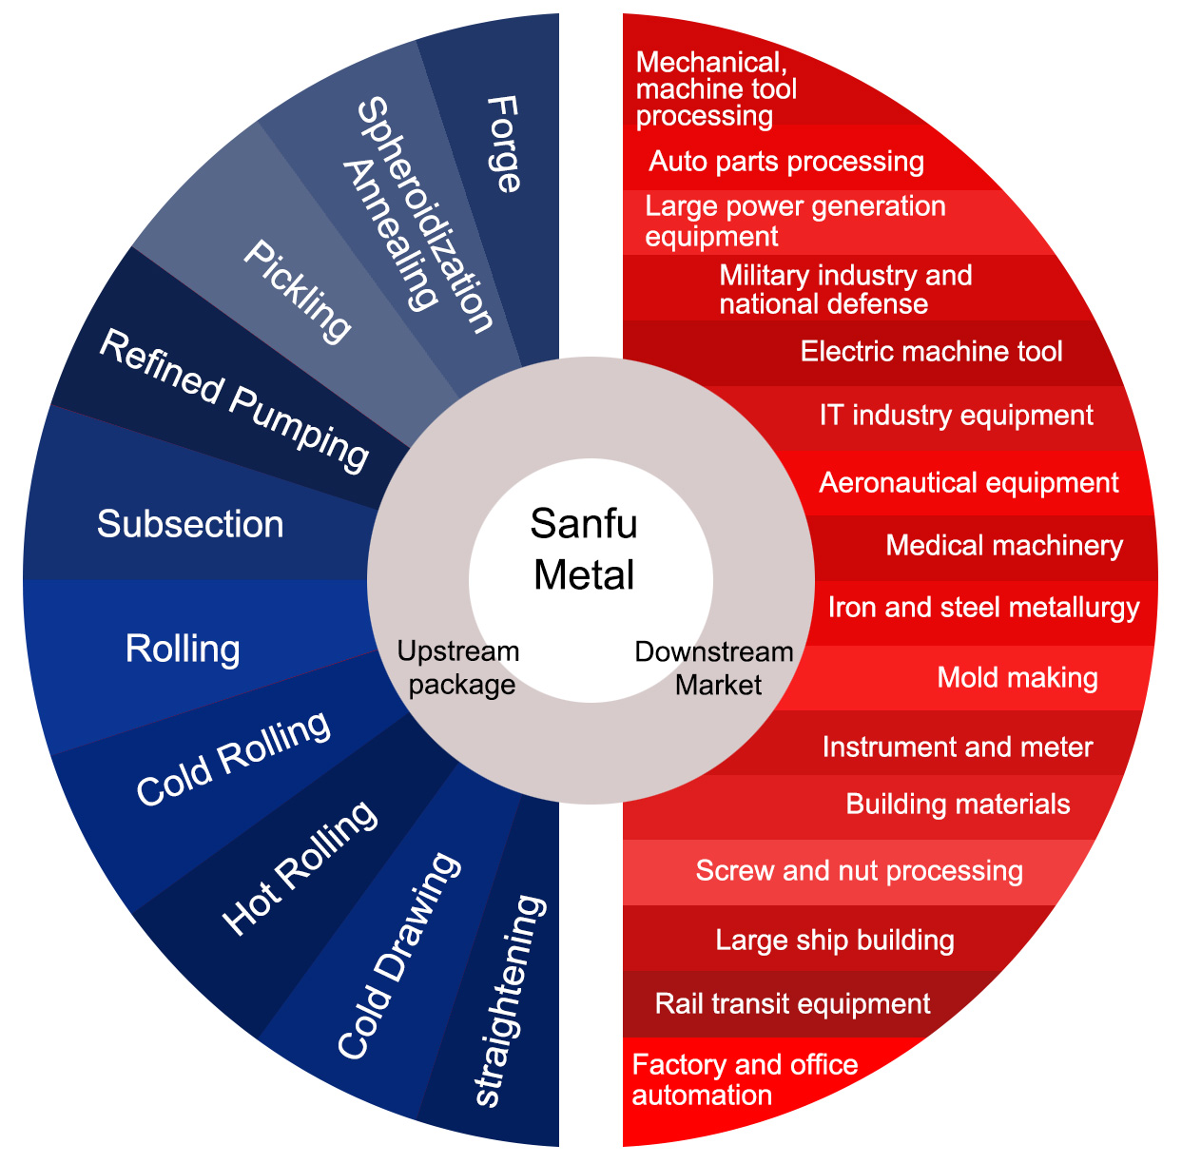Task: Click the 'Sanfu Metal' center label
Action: click(x=584, y=550)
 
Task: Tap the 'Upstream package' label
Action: click(x=459, y=668)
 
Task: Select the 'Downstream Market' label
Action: click(x=715, y=668)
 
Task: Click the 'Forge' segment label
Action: click(x=504, y=144)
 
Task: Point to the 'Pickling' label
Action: click(x=298, y=290)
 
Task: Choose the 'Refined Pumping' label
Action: click(x=234, y=400)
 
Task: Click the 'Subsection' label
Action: click(x=190, y=524)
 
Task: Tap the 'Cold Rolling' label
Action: click(x=233, y=758)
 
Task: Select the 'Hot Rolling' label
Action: click(x=299, y=866)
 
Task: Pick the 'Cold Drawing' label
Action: click(x=398, y=955)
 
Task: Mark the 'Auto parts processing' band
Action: click(x=786, y=161)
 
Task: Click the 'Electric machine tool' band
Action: click(x=931, y=352)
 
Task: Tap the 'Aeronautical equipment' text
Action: click(x=968, y=482)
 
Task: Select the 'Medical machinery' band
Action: click(x=1004, y=546)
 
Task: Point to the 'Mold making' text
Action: click(x=1017, y=677)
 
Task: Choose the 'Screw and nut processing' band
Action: click(x=859, y=871)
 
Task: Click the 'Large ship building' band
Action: click(x=835, y=941)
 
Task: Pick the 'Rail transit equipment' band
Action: click(x=792, y=1003)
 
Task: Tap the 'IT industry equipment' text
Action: click(x=956, y=416)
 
